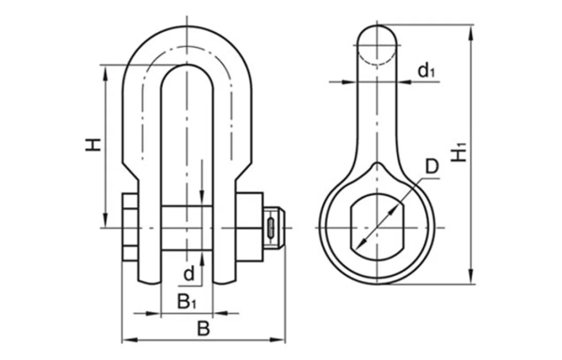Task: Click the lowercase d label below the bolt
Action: coord(188,274)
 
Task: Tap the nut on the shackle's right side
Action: coord(250,227)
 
